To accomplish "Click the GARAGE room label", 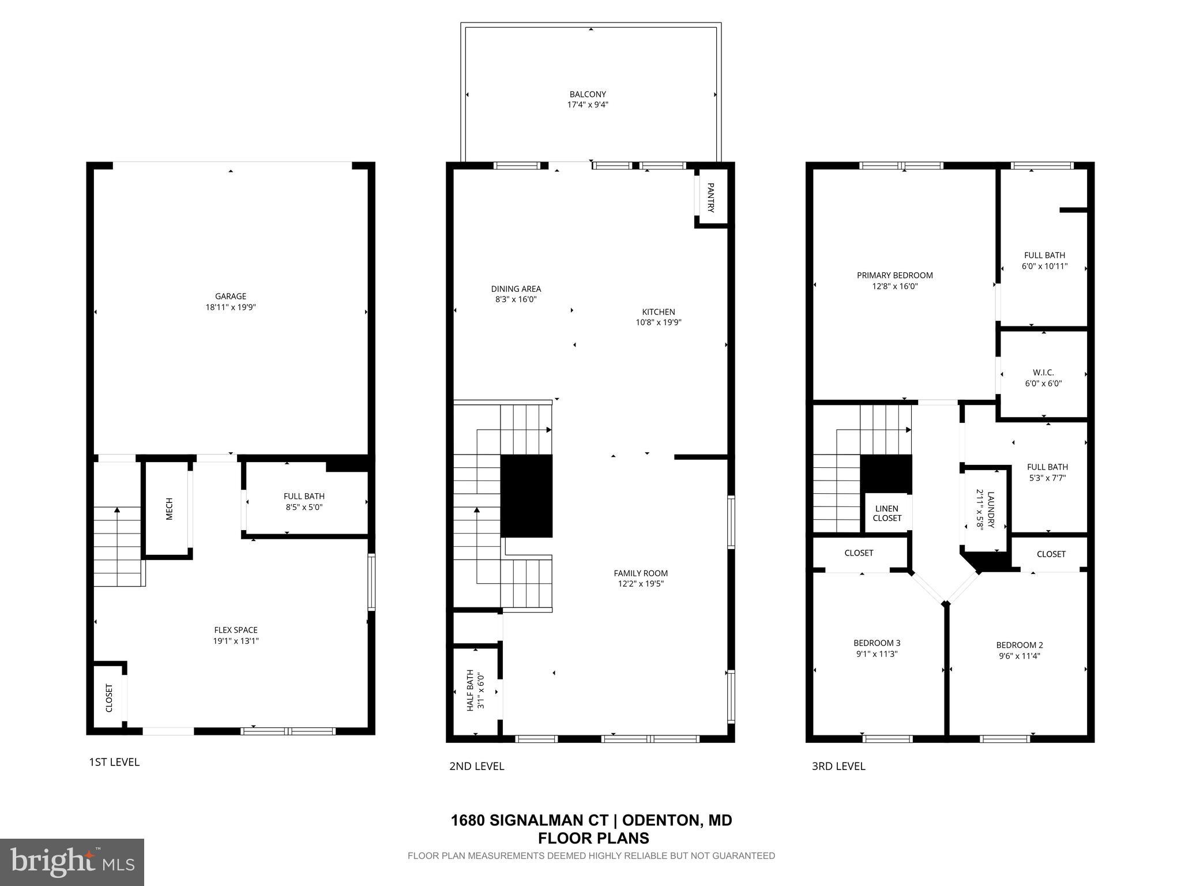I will click(231, 296).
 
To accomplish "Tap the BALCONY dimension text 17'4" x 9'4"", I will click(588, 105).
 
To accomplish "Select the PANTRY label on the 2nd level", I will click(710, 198).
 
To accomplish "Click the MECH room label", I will click(169, 509).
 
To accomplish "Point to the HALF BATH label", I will click(470, 690).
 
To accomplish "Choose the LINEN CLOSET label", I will click(886, 513).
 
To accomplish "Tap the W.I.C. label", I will click(1043, 373).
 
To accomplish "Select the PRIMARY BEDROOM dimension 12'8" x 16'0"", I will click(894, 286).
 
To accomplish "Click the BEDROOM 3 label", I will click(877, 643).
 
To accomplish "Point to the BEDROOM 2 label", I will click(1019, 645).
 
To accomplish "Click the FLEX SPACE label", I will click(236, 630).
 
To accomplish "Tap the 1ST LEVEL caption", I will click(114, 762).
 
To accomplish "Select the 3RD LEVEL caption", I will click(838, 766).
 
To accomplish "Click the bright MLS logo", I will click(72, 862).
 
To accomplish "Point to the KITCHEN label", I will click(659, 312).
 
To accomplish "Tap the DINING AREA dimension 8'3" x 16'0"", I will click(516, 299).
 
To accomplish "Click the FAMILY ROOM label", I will click(640, 573).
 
